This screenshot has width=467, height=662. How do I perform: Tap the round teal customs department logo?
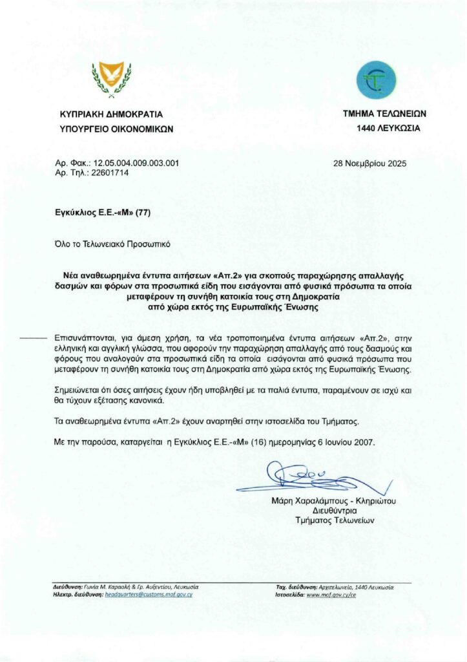tap(373, 80)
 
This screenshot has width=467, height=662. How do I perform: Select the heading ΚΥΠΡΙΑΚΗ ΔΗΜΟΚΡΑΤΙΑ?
tap(111, 114)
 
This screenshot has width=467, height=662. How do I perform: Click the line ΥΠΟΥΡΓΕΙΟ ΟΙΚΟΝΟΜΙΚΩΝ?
tap(116, 129)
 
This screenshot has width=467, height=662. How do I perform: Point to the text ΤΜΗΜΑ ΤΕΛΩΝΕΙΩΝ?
tap(384, 114)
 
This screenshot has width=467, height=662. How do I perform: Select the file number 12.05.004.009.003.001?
tap(136, 164)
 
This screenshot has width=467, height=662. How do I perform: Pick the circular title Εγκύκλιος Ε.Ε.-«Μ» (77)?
tap(103, 211)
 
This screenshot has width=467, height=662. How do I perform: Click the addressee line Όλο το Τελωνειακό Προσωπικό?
tap(114, 244)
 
